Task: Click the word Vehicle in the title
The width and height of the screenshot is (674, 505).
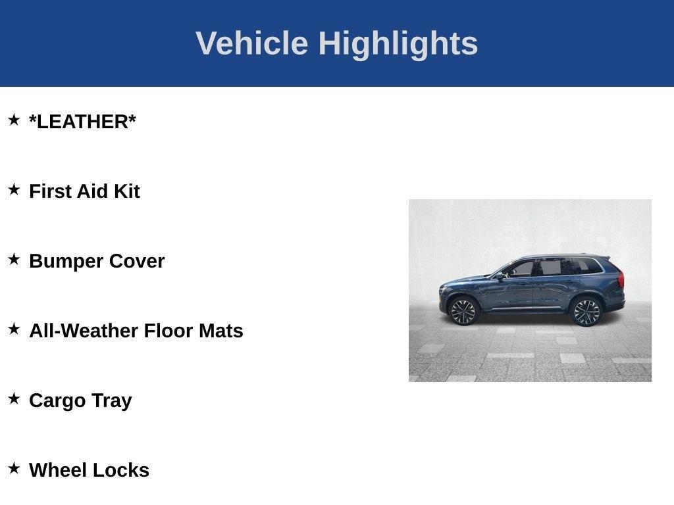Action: click(x=251, y=43)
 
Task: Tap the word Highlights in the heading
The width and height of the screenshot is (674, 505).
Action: click(x=398, y=43)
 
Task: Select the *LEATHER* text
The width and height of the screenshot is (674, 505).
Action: click(x=82, y=122)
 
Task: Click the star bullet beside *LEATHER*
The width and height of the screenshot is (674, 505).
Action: click(x=14, y=120)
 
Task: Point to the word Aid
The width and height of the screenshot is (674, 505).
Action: click(x=92, y=191)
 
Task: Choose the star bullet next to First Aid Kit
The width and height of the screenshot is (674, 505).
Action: click(x=14, y=189)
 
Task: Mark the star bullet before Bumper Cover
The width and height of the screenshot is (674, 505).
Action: click(x=14, y=259)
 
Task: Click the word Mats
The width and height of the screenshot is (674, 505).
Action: click(x=221, y=331)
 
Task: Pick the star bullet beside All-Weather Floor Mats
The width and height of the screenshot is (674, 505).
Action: click(x=14, y=329)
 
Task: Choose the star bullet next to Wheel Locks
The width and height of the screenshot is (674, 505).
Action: click(x=14, y=468)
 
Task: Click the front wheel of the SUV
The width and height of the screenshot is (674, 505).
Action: click(x=463, y=311)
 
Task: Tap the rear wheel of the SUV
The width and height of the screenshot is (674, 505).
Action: click(x=586, y=311)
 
